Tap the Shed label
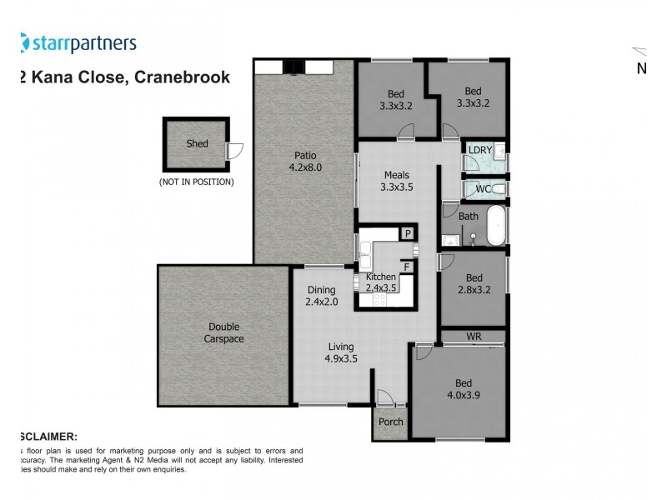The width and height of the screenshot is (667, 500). click(198, 143)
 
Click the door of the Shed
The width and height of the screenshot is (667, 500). click(235, 151)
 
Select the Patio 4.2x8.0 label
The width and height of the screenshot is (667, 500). click(305, 160)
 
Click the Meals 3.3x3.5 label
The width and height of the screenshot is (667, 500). click(397, 181)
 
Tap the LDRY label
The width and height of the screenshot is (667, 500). click(480, 150)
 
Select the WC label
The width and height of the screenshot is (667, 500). click(483, 189)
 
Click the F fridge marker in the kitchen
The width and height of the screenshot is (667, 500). click(408, 267)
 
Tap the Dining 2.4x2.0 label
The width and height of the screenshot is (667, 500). click(322, 296)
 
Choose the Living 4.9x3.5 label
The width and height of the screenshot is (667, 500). click(340, 352)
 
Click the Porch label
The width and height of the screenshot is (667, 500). click(391, 422)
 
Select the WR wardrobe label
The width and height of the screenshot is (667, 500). click(473, 336)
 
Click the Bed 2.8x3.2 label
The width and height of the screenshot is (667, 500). click(474, 283)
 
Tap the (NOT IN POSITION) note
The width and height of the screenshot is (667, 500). click(197, 182)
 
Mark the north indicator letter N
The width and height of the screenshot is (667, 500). click(642, 69)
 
